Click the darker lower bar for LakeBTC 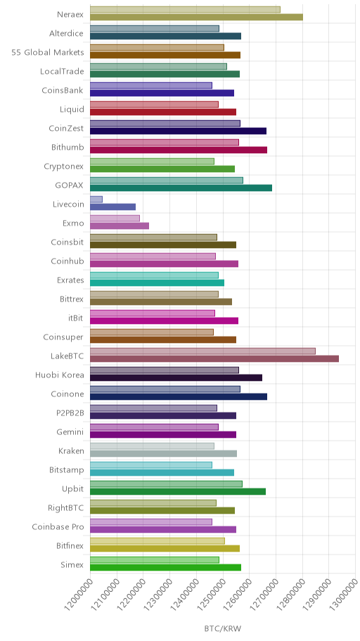214,358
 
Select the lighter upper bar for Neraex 185,9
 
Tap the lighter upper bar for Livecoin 96,199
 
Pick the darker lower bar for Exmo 120,226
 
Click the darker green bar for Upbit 178,491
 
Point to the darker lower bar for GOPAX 181,188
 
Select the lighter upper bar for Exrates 154,275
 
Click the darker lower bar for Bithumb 179,150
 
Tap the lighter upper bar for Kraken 152,446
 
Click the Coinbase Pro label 58,526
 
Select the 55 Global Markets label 47,52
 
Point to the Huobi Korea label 59,375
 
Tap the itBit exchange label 76,318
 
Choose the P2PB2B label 70,413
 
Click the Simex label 72,564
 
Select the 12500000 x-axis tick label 212,593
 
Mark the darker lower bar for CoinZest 179,131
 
